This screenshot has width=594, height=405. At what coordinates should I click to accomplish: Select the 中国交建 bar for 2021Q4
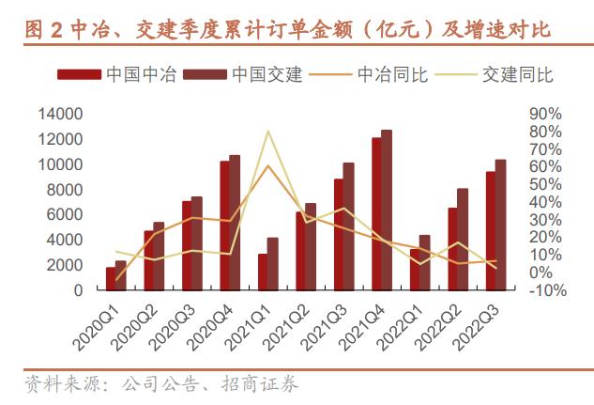(x=387, y=210)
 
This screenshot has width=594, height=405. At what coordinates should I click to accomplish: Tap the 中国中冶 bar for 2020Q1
(x=111, y=279)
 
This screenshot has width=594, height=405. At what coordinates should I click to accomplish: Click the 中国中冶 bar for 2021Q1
(x=263, y=273)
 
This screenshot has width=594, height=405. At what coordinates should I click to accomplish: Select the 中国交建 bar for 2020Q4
(x=235, y=223)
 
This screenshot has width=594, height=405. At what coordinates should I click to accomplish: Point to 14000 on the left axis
(x=60, y=114)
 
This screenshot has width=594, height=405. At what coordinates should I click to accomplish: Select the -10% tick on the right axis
(x=546, y=290)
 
